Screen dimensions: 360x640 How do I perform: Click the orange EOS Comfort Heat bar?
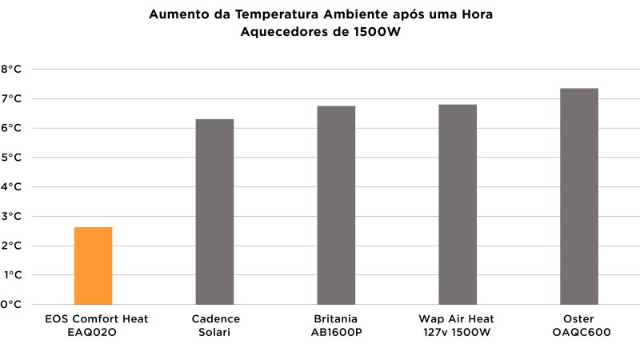[93, 266]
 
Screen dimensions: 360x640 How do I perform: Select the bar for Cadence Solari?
[214, 212]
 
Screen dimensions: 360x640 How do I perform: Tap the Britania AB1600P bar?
[336, 205]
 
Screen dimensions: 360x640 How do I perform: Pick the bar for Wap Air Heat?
[458, 204]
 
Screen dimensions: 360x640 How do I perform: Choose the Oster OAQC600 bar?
[579, 196]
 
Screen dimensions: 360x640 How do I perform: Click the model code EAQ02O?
[93, 332]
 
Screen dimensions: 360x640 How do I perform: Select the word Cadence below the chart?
[215, 318]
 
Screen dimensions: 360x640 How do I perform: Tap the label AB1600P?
[336, 332]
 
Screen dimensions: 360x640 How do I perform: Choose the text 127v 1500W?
[458, 332]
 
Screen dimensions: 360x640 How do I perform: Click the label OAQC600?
[579, 332]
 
